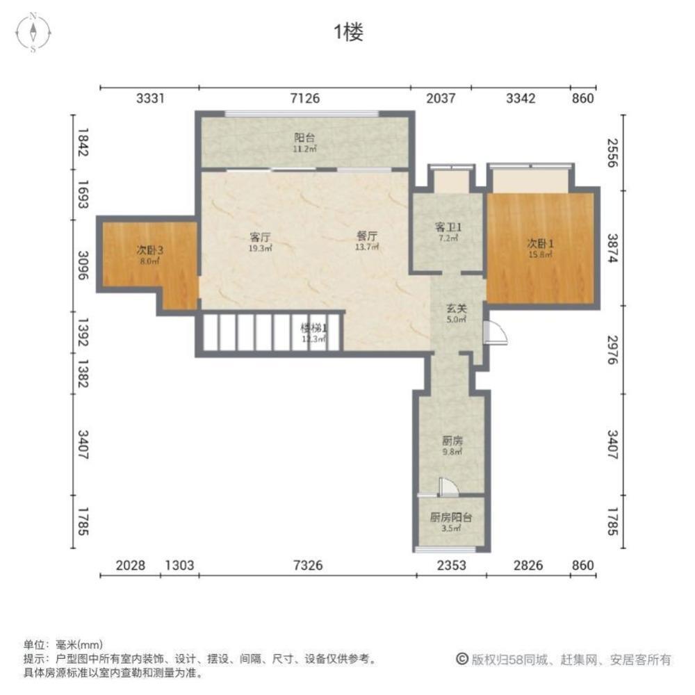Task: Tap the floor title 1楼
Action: pyautogui.click(x=347, y=33)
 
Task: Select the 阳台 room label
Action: pyautogui.click(x=304, y=138)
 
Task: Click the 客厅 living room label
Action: pyautogui.click(x=260, y=235)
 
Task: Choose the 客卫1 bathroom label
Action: pyautogui.click(x=448, y=227)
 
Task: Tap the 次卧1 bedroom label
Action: pyautogui.click(x=540, y=243)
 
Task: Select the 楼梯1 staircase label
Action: pyautogui.click(x=313, y=327)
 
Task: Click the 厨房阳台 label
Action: pyautogui.click(x=452, y=518)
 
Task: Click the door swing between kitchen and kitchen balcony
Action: pyautogui.click(x=445, y=486)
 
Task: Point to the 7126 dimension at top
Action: pyautogui.click(x=304, y=98)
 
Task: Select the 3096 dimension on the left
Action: pyautogui.click(x=83, y=265)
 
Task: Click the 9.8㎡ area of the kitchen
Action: pyautogui.click(x=452, y=452)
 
